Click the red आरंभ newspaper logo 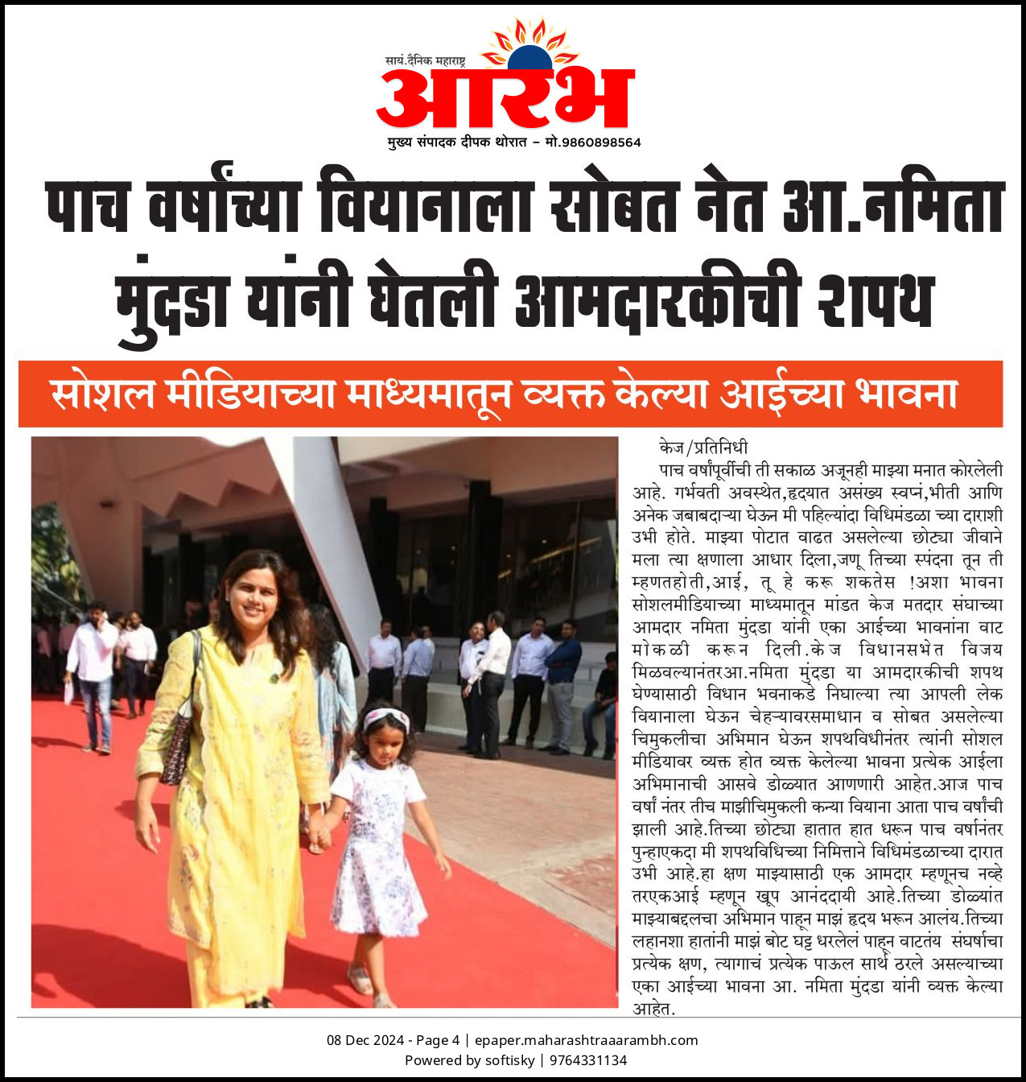[505, 99]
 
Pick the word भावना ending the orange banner [906, 394]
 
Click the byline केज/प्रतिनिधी [703, 448]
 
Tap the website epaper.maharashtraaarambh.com [586, 1040]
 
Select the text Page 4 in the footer [438, 1040]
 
